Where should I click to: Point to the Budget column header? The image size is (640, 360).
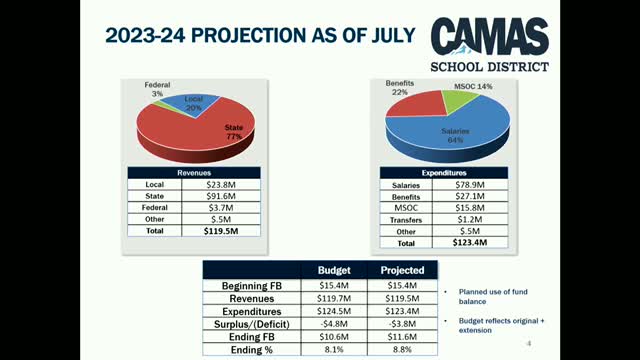coord(334,270)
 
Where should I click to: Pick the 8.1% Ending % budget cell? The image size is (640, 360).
coord(334,350)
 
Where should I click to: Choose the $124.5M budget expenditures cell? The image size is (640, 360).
coord(334,311)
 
